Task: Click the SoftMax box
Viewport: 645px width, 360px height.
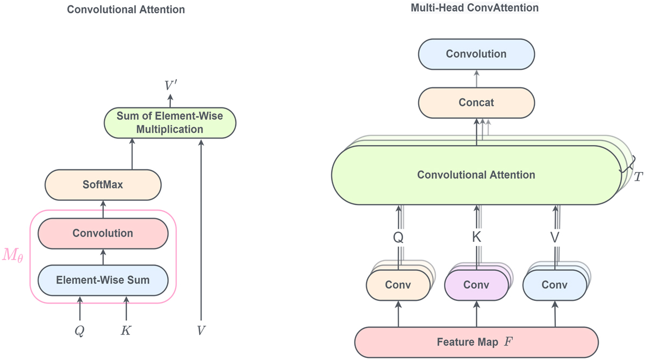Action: (103, 184)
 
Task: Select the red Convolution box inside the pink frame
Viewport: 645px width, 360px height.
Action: (103, 233)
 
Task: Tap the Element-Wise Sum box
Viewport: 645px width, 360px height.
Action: (103, 280)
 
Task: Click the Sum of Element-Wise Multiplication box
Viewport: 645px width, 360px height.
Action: (169, 122)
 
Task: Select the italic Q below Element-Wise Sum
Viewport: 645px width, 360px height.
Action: (80, 330)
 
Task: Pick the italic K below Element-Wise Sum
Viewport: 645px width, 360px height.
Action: (126, 330)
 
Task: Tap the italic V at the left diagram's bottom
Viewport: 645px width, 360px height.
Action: (201, 330)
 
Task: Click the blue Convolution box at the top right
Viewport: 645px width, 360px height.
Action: (476, 54)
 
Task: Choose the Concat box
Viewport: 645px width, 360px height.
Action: (476, 102)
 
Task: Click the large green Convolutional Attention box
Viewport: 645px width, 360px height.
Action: (476, 175)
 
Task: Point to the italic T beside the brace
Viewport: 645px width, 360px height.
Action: (638, 177)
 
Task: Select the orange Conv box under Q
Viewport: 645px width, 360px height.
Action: (398, 285)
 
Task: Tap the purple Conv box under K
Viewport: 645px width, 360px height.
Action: (476, 285)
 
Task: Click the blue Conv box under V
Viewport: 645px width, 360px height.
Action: (555, 285)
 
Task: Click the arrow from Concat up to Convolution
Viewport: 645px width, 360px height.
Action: (476, 78)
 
